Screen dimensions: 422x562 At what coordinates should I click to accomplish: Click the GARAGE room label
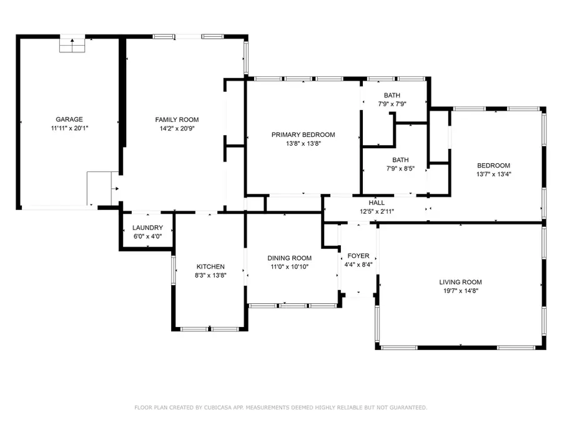coord(69,119)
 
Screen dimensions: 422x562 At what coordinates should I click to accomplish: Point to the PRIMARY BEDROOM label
coord(303,134)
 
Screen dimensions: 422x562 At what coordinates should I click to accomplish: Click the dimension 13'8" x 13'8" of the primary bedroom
coord(303,143)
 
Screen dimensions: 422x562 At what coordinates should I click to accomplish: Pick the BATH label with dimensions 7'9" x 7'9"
coord(392,96)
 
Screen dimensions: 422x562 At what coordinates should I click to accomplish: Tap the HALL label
coord(377,203)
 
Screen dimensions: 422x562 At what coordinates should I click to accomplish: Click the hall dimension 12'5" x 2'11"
coord(377,211)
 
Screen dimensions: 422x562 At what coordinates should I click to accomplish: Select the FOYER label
coord(358,256)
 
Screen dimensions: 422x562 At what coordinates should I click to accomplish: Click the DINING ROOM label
coord(289,258)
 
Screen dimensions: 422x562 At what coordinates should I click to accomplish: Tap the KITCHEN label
coord(210,267)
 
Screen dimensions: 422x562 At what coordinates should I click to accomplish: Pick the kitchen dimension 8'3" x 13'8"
coord(210,275)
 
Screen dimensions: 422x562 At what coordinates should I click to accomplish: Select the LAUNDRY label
coord(148,228)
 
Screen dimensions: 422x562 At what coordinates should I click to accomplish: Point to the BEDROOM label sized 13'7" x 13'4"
coord(493,166)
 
